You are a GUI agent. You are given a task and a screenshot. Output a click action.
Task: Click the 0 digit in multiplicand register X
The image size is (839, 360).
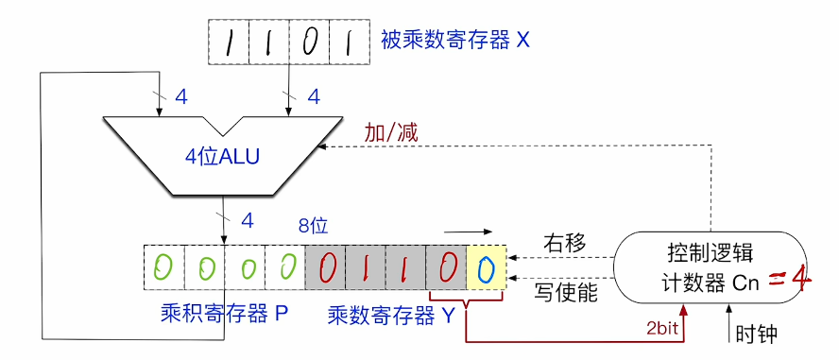point(309,43)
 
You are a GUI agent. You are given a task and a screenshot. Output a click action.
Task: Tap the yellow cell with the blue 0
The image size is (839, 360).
point(486,268)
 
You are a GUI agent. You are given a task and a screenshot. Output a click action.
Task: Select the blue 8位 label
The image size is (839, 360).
point(312,226)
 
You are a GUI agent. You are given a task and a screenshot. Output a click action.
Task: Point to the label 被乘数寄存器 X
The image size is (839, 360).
point(455,42)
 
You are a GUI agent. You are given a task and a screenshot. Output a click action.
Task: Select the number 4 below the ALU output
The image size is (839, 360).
point(248,220)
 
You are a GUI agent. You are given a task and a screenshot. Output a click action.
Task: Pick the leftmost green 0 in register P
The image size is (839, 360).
point(163,268)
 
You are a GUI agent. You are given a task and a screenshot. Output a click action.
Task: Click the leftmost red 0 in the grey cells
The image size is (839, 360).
point(326,268)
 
